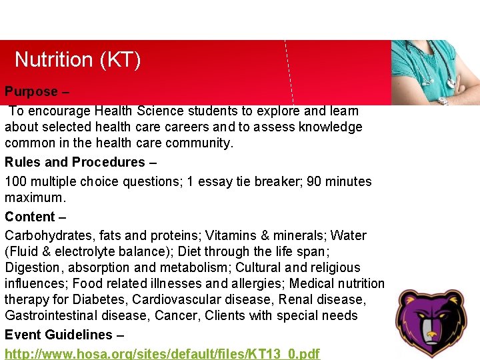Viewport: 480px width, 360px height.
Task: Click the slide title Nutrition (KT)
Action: pos(77,60)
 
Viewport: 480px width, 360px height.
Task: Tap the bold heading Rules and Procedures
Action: pos(75,162)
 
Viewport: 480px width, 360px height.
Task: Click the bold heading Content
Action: pos(30,217)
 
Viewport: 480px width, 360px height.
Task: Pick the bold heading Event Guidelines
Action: pos(59,335)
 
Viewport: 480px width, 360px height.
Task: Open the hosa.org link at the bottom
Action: pos(162,353)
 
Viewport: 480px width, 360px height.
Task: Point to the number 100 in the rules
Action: pos(15,181)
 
